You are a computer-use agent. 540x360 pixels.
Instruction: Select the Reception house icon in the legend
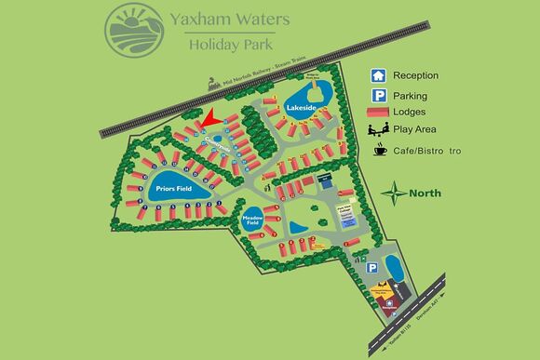click(379, 75)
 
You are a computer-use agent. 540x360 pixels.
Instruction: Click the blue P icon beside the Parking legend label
click(379, 95)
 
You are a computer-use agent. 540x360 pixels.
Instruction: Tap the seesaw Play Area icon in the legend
click(379, 131)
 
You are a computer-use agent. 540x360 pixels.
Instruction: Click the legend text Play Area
click(417, 131)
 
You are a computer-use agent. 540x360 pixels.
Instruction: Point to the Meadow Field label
click(251, 221)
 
